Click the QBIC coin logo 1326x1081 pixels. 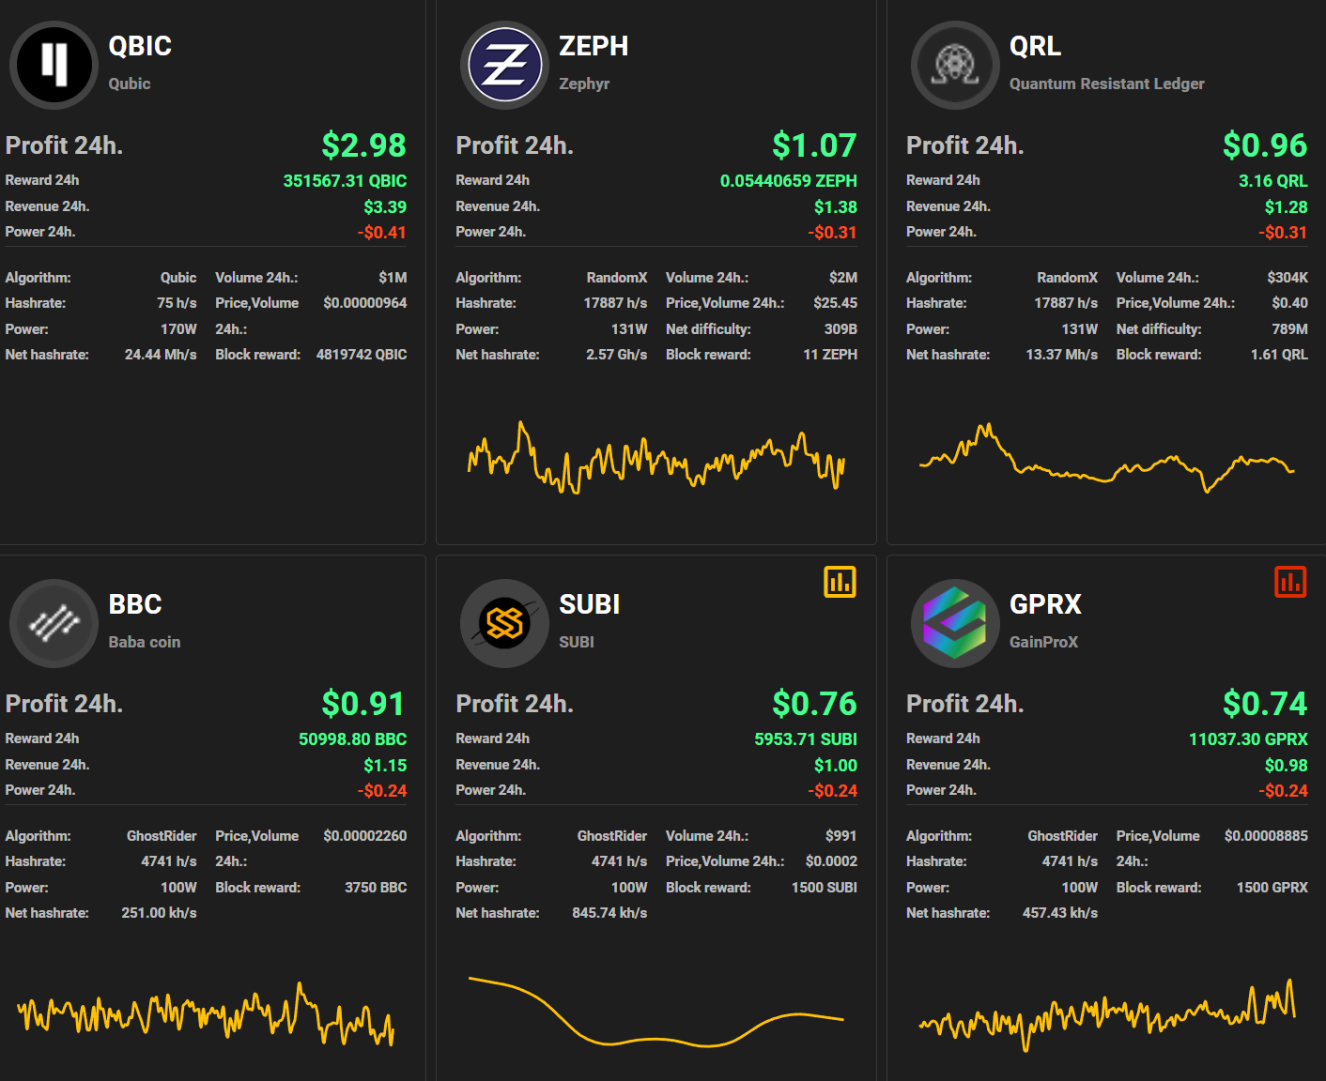[54, 65]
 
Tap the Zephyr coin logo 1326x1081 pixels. [504, 65]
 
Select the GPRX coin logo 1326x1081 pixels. [955, 623]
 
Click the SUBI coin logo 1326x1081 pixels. [504, 623]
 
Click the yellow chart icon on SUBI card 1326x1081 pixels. [840, 582]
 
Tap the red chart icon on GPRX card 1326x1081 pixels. [1290, 582]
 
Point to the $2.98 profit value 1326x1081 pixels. [363, 145]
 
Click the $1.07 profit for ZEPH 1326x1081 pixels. [814, 145]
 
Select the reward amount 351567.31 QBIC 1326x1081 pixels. [345, 181]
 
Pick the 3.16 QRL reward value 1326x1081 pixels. [1272, 181]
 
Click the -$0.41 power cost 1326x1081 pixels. [382, 233]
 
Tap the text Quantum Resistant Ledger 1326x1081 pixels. [1106, 84]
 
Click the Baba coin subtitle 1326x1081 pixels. [144, 642]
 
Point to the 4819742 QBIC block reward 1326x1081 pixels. [362, 355]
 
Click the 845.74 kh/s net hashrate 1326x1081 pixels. [609, 913]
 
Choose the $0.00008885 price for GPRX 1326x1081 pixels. [1265, 836]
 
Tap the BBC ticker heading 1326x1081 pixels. [135, 604]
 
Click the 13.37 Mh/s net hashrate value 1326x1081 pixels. [1061, 355]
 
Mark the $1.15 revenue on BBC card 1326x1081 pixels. [385, 766]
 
